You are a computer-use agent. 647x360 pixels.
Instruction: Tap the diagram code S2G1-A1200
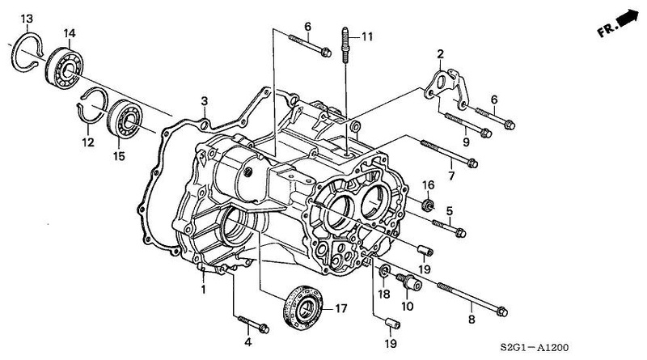[x=535, y=347]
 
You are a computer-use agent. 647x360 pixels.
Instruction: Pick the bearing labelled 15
[x=125, y=118]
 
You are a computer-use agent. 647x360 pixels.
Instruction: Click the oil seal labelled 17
[x=303, y=308]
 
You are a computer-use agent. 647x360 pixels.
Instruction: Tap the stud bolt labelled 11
[x=345, y=44]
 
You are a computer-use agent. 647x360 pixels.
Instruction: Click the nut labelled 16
[x=428, y=204]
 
